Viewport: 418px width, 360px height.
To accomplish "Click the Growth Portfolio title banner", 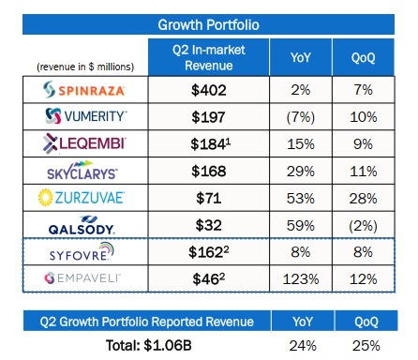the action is click(x=208, y=24).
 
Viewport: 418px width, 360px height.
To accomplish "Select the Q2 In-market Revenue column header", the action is click(x=209, y=57).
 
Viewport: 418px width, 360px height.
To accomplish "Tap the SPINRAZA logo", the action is click(x=84, y=90).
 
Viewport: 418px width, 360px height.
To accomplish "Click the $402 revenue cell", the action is click(x=209, y=90).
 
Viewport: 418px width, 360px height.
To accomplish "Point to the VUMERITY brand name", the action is click(x=96, y=116).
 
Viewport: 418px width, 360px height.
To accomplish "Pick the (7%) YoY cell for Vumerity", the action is click(x=301, y=117).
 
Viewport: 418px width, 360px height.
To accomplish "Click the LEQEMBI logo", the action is click(x=84, y=143).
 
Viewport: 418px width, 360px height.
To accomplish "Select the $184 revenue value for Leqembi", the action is click(x=211, y=144).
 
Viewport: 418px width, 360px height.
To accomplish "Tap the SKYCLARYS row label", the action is click(x=82, y=171).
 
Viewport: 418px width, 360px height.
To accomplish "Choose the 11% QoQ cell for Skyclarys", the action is click(x=364, y=172).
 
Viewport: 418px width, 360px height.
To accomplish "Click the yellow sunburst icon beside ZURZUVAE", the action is click(x=46, y=198).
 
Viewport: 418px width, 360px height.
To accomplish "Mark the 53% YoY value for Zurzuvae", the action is click(x=301, y=199).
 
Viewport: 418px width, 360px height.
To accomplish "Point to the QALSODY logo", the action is click(x=82, y=225).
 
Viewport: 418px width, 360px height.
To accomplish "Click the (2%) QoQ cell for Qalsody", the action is click(x=364, y=226).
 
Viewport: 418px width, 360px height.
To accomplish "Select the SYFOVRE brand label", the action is click(x=82, y=252).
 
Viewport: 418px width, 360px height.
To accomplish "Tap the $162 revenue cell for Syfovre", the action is click(x=209, y=252).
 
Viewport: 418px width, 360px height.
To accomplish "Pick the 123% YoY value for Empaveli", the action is click(x=301, y=279).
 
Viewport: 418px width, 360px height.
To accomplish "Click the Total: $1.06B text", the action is click(x=149, y=345).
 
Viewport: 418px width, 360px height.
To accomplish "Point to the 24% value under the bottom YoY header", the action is click(x=303, y=346).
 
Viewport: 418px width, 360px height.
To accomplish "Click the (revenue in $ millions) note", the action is click(x=85, y=67).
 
